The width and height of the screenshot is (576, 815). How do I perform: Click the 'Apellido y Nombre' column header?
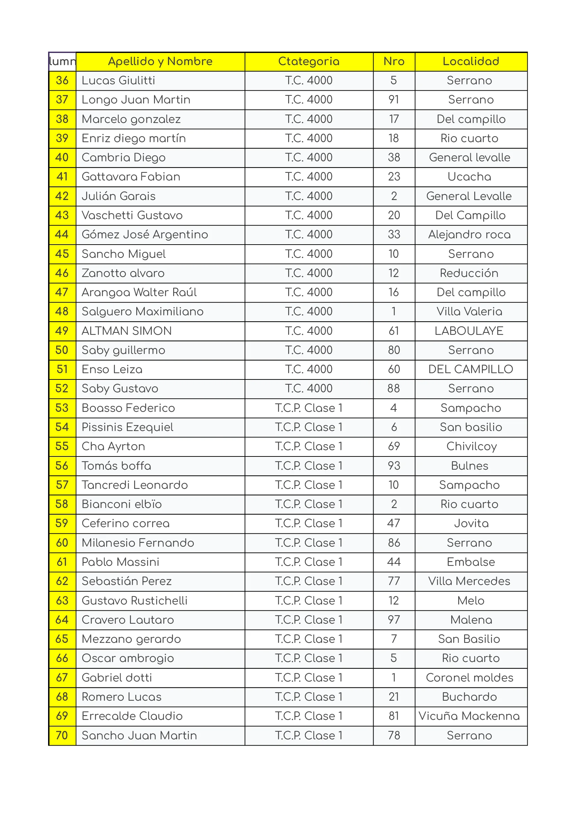point(160,61)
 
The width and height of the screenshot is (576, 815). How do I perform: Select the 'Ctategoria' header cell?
point(308,61)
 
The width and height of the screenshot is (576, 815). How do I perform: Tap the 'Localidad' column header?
point(471,61)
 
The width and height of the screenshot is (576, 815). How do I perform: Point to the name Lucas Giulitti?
point(118,80)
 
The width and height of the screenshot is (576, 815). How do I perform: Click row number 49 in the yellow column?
point(62,331)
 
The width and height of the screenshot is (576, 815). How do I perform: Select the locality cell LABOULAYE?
point(469,331)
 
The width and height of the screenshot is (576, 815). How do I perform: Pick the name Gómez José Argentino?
point(145,234)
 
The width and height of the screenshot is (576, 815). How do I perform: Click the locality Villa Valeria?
point(469,312)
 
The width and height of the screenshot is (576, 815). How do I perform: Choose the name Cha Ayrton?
point(113,446)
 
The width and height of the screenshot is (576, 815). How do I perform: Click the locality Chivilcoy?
point(471,446)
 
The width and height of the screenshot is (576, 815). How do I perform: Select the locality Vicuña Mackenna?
point(469,716)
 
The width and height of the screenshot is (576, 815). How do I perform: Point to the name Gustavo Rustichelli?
point(135,601)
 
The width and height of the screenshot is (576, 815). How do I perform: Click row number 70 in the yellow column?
point(62,735)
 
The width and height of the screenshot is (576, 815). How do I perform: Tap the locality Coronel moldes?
point(469,678)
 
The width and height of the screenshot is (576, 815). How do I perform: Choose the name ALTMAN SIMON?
point(126,331)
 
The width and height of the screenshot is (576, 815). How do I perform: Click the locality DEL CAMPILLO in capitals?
point(471,369)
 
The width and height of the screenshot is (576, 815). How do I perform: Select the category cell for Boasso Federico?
point(308,408)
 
